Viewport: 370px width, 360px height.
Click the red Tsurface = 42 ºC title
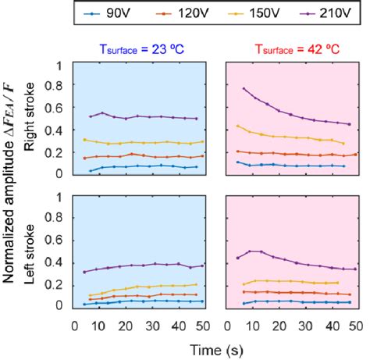click(x=290, y=48)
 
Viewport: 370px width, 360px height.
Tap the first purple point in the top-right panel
click(x=244, y=89)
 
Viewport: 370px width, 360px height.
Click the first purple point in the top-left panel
click(x=91, y=116)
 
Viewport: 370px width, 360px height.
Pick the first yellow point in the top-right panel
click(x=237, y=126)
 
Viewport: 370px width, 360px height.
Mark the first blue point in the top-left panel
click(x=91, y=170)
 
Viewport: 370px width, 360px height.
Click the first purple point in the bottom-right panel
click(x=237, y=258)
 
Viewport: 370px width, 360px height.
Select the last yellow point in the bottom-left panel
click(x=196, y=285)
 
